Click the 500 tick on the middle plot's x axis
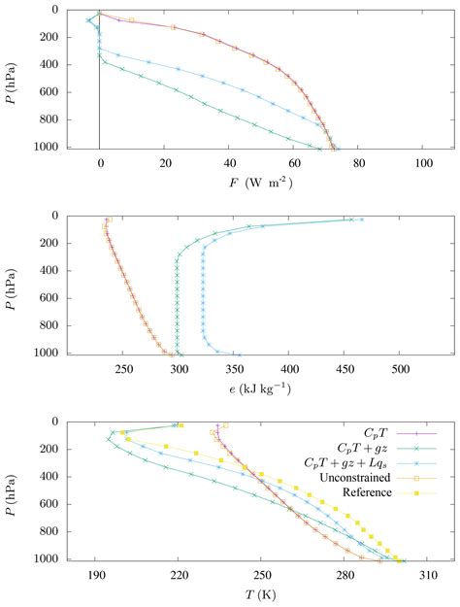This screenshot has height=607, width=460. tap(400, 370)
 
